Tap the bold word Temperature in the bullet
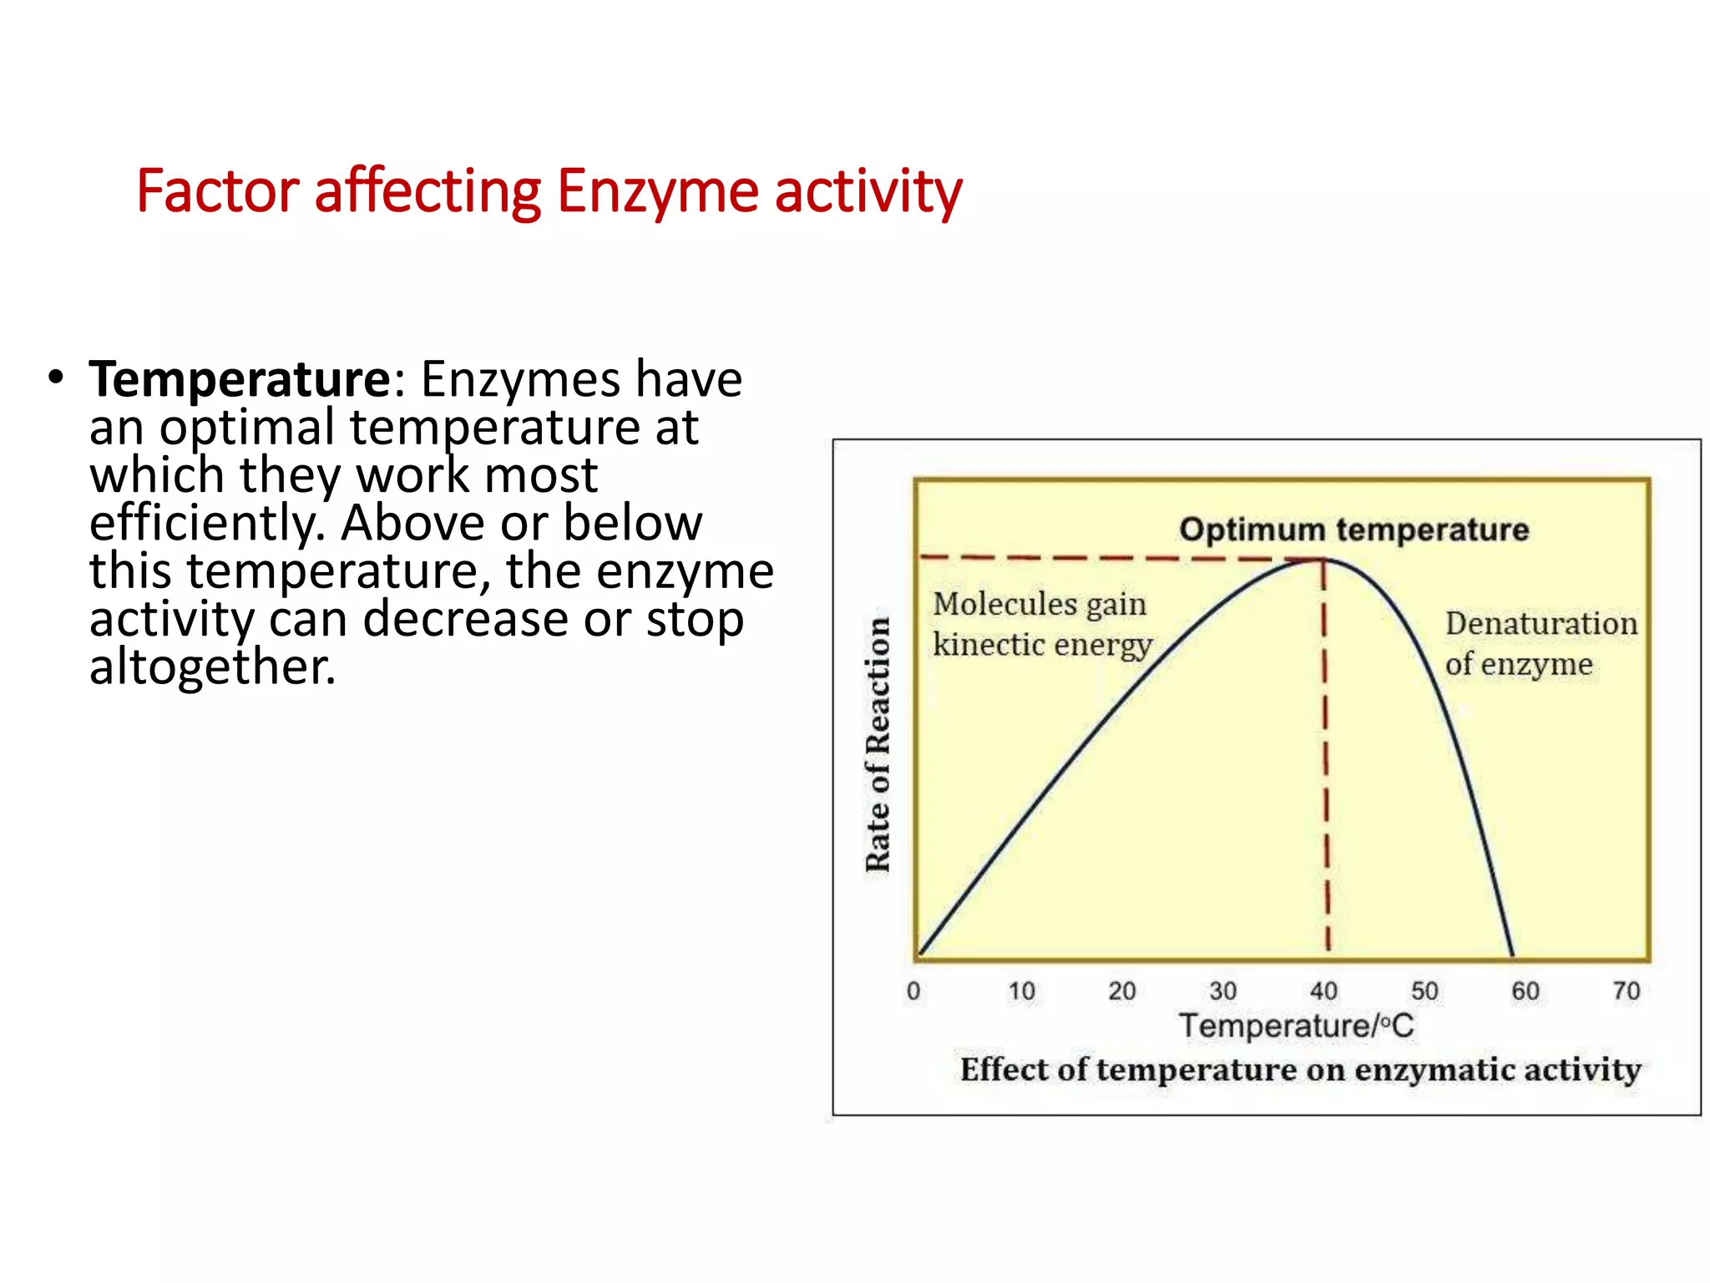pyautogui.click(x=240, y=380)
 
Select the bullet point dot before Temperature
pyautogui.click(x=56, y=378)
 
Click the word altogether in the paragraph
pyautogui.click(x=212, y=668)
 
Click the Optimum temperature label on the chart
pyautogui.click(x=1353, y=530)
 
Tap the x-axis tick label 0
pyautogui.click(x=913, y=991)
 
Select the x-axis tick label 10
pyautogui.click(x=1021, y=991)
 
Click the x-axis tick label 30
pyautogui.click(x=1223, y=991)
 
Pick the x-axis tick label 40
pyautogui.click(x=1323, y=991)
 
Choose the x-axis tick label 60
pyautogui.click(x=1525, y=991)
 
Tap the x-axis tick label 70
pyautogui.click(x=1627, y=991)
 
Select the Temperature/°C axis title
pyautogui.click(x=1297, y=1027)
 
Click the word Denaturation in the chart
pyautogui.click(x=1541, y=624)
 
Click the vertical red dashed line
pyautogui.click(x=1326, y=752)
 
